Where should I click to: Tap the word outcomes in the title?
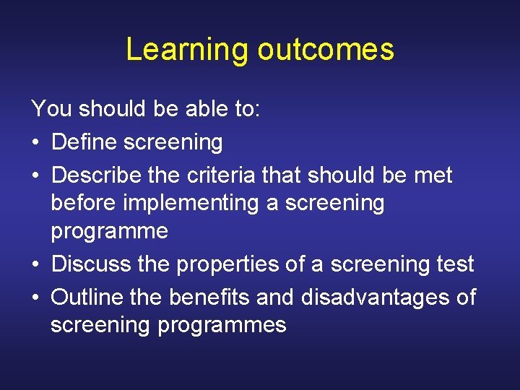coord(326,49)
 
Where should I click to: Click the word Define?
coord(85,142)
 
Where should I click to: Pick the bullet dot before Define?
coord(36,143)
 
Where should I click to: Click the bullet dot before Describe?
coord(36,176)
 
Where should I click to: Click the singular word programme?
coord(109,232)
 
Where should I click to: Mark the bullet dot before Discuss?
coord(36,265)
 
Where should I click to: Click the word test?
coord(454,264)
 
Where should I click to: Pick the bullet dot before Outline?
coord(36,298)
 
